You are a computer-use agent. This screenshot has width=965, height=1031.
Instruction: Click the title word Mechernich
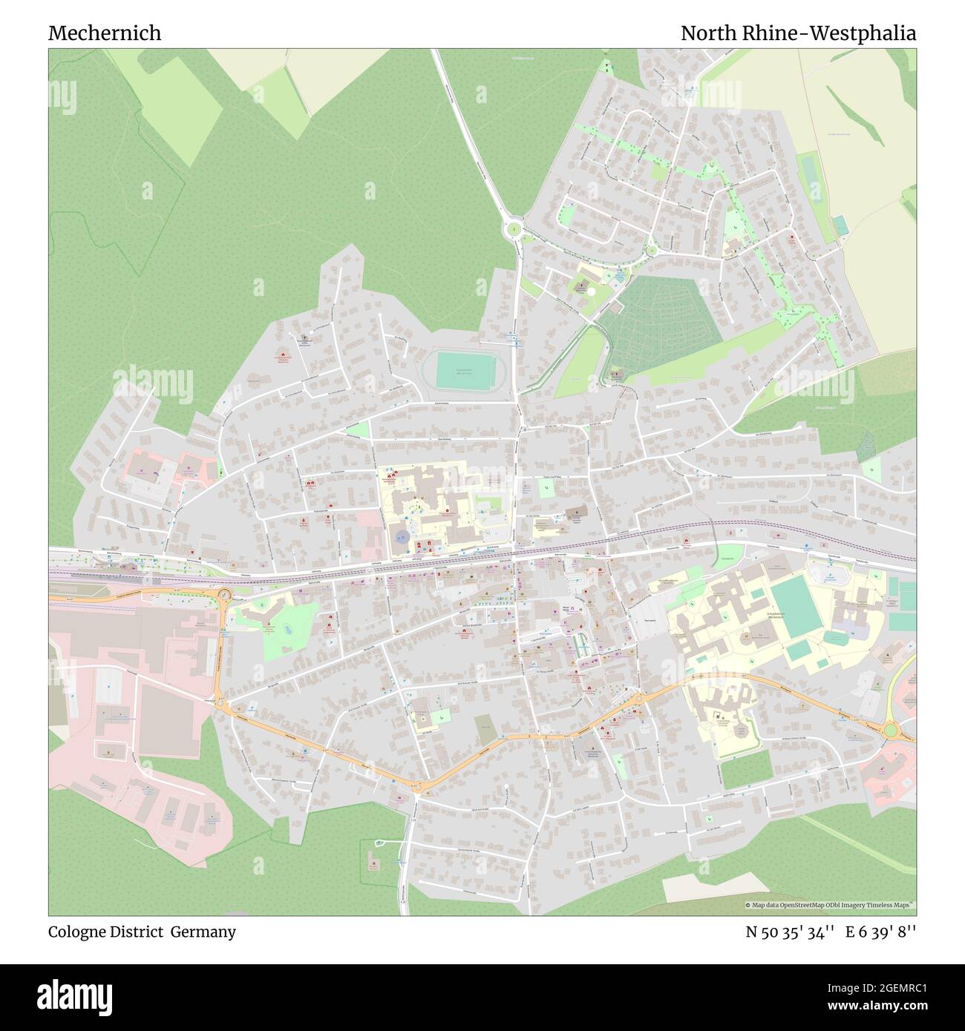coord(104,33)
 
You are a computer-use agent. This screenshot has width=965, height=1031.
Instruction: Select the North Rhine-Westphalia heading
coord(798,33)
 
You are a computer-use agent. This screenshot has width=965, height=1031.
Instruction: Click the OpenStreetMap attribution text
coord(829,905)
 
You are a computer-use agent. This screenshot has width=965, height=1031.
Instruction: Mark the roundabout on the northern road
coord(514,229)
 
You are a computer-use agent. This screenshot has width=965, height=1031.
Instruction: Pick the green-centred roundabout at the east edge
coord(891,731)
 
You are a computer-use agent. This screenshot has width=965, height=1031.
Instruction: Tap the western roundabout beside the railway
coord(223,594)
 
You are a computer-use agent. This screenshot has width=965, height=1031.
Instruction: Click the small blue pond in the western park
coord(286,628)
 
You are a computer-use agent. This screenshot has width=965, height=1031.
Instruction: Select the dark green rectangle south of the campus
coord(745,771)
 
